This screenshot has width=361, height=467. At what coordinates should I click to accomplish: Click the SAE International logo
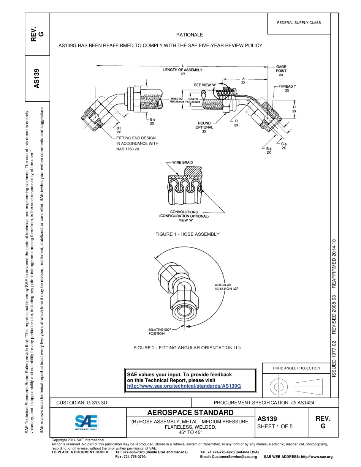tap(86, 422)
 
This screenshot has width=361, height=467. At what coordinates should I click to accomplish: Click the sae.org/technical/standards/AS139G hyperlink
tap(184, 386)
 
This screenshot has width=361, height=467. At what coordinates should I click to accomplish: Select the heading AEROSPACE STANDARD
tap(190, 413)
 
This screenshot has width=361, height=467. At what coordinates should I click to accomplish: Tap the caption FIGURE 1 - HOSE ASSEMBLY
tap(187, 234)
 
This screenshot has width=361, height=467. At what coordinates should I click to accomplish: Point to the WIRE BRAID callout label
tap(182, 163)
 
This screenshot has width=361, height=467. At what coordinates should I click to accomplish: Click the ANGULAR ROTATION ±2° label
tap(226, 287)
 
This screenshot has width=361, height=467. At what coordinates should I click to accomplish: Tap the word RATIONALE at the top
tap(190, 35)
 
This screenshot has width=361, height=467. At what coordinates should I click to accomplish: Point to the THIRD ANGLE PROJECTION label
tap(296, 368)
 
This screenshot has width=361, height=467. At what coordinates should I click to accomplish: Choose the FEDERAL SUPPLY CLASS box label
tap(299, 23)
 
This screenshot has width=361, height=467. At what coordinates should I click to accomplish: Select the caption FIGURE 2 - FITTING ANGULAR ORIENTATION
tap(187, 348)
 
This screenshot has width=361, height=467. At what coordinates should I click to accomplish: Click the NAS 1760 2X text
tap(128, 149)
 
